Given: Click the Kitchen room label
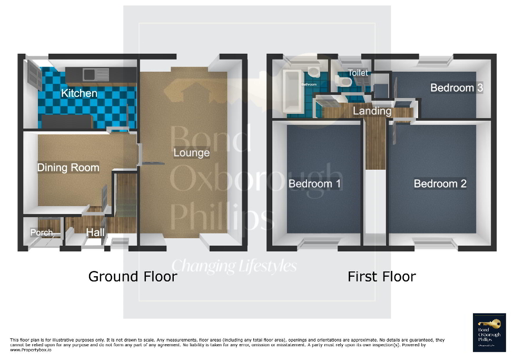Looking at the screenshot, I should click(x=79, y=93).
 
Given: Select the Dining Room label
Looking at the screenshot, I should click(x=68, y=168).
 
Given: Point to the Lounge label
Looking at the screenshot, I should click(x=192, y=153).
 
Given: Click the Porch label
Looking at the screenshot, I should click(x=41, y=232).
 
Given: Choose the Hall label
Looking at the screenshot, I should click(x=95, y=232).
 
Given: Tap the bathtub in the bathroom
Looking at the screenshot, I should click(x=291, y=92).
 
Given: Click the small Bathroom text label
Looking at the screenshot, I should click(x=309, y=84).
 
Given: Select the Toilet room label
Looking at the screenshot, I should click(x=358, y=73).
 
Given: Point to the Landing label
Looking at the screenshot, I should click(x=372, y=111).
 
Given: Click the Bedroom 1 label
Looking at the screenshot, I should click(x=314, y=183).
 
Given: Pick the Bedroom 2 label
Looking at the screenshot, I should click(x=440, y=183).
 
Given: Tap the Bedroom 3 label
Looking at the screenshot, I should click(x=457, y=87).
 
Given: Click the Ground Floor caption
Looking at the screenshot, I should click(x=132, y=276).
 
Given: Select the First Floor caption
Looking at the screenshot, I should click(x=381, y=276).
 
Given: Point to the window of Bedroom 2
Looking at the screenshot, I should click(x=434, y=243).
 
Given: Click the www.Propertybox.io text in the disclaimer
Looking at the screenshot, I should click(x=31, y=350).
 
